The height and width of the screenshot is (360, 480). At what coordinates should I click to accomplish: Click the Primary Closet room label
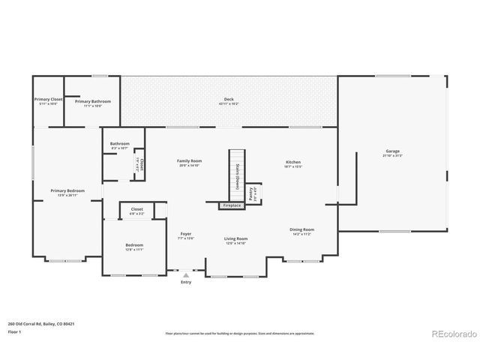coord(47,101)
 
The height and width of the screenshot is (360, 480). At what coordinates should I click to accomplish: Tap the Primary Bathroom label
coord(93,101)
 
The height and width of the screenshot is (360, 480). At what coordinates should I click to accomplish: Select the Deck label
coord(229,100)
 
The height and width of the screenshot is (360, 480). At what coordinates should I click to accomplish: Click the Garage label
coord(392,153)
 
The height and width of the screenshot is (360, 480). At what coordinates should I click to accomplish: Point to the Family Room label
coord(189,163)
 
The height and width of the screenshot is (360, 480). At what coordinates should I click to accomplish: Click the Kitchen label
coord(293,163)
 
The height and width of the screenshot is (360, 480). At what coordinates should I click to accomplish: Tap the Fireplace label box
coord(232,205)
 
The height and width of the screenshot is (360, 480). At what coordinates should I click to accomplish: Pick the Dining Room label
coord(301,231)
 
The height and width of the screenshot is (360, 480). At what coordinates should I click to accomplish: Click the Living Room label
coord(235,240)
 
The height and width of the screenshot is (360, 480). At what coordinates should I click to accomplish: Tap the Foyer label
coord(186,235)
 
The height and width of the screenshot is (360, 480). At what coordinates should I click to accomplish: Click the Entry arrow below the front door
coord(185,275)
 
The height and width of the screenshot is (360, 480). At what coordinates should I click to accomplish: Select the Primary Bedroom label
coord(67,192)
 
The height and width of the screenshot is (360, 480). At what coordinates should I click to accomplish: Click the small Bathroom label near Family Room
coord(120,145)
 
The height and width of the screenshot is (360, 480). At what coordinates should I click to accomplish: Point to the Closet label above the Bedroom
coord(136,211)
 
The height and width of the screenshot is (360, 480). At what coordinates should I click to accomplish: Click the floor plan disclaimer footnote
coord(239,333)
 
